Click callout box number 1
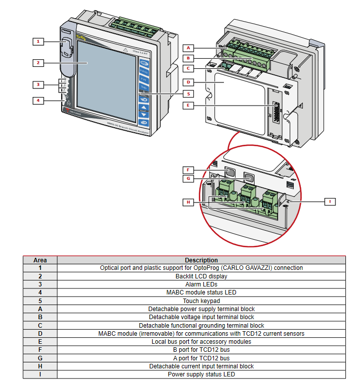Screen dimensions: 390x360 click(x=38, y=41)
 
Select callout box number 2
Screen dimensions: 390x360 click(x=38, y=63)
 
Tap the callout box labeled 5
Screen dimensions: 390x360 click(x=188, y=93)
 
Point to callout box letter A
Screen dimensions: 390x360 click(x=188, y=48)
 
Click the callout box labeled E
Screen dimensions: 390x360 click(x=188, y=106)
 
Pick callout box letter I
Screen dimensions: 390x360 click(x=330, y=202)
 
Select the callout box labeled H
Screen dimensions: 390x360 click(x=188, y=202)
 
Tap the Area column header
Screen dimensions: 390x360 click(x=40, y=260)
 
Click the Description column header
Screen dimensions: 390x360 click(x=201, y=260)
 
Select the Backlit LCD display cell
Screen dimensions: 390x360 click(x=201, y=276)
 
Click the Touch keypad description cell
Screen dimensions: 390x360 click(x=201, y=301)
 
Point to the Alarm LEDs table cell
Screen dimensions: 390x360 click(x=201, y=284)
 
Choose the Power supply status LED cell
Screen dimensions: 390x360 click(x=201, y=374)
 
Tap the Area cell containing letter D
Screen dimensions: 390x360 click(x=40, y=333)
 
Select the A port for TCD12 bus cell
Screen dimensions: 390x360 click(x=201, y=358)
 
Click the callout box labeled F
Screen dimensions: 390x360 click(x=188, y=170)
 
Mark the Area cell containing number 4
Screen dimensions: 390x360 click(x=40, y=292)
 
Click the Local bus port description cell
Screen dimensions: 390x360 click(x=201, y=342)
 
